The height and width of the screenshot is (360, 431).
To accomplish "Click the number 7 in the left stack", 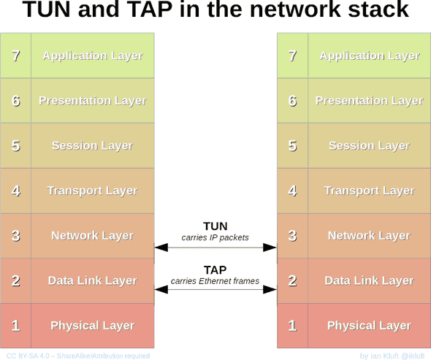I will [x=15, y=55].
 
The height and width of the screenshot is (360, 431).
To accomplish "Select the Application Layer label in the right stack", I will [x=369, y=55].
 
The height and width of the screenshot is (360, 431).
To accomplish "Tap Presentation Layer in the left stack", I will [x=92, y=101].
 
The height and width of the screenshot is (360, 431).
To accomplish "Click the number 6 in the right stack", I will [x=292, y=101].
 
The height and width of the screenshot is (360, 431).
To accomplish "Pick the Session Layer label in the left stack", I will [x=92, y=145].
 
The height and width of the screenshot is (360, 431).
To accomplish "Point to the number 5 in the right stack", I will [x=292, y=145].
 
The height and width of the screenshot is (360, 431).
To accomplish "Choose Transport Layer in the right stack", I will [x=369, y=191].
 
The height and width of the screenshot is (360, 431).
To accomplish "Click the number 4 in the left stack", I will [x=15, y=191].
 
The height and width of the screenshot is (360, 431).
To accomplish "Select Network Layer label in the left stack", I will [x=92, y=235].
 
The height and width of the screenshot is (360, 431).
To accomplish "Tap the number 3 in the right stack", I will [x=292, y=235].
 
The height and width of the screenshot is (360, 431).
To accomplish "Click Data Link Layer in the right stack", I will [x=369, y=280].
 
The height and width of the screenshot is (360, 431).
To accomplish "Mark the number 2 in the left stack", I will [x=15, y=280].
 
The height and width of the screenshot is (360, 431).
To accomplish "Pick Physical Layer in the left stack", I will [x=92, y=326].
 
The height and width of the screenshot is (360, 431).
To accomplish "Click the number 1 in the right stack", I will [x=292, y=326].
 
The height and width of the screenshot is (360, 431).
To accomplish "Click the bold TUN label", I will [x=215, y=226].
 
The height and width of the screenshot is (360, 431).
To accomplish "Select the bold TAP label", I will [x=215, y=269].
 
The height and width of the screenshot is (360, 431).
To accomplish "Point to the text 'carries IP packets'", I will [x=215, y=237].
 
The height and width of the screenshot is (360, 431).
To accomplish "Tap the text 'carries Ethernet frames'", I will [x=215, y=281].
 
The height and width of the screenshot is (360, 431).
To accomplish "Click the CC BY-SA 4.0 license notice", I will [x=76, y=356].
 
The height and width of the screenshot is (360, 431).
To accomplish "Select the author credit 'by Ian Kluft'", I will [x=393, y=356].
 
